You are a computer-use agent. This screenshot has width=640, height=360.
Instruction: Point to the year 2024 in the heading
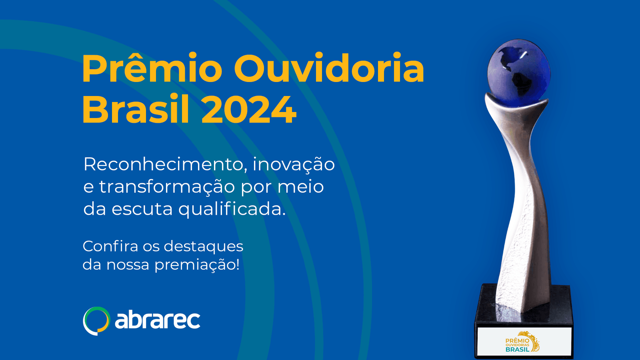click(249, 110)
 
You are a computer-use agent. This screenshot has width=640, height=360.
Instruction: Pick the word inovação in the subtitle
click(294, 165)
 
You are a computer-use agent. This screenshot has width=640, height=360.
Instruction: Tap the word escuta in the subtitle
click(142, 209)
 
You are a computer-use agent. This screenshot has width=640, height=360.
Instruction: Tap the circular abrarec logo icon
click(96, 321)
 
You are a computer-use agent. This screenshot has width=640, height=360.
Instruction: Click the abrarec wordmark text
click(158, 320)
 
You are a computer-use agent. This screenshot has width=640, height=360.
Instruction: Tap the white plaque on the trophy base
click(524, 341)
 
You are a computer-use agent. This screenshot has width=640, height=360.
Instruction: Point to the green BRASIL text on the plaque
click(518, 350)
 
